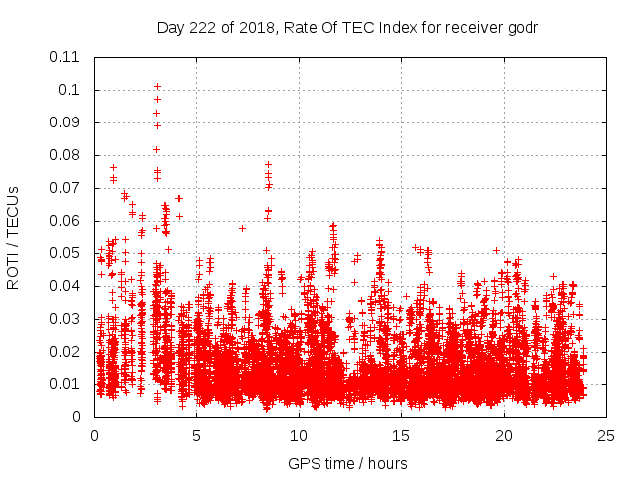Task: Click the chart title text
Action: pyautogui.click(x=347, y=27)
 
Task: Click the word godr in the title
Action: pyautogui.click(x=521, y=27)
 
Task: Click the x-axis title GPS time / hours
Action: pyautogui.click(x=347, y=463)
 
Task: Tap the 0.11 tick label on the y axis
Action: pyautogui.click(x=67, y=57)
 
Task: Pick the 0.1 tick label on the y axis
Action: pyautogui.click(x=71, y=90)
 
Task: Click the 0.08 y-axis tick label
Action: pyautogui.click(x=67, y=155)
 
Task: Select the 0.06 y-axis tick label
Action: pyautogui.click(x=67, y=221)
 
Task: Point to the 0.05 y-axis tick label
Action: pyautogui.click(x=67, y=254)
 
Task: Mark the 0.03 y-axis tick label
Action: pyautogui.click(x=67, y=319)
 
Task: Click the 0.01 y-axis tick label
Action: pyautogui.click(x=67, y=384)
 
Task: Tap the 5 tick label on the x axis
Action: pyautogui.click(x=196, y=436)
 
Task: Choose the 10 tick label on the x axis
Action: pyautogui.click(x=299, y=436)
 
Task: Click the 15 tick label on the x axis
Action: pyautogui.click(x=401, y=436)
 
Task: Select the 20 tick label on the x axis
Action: pyautogui.click(x=504, y=436)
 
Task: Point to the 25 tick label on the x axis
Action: pyautogui.click(x=606, y=436)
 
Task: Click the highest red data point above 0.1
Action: pyautogui.click(x=157, y=87)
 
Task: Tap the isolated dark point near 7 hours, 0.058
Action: pyautogui.click(x=242, y=228)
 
